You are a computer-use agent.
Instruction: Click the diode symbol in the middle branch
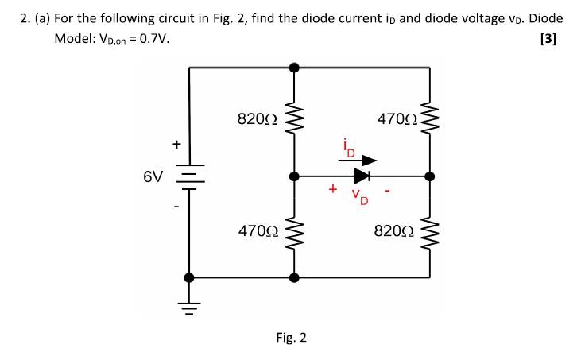362,176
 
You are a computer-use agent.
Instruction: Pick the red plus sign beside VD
332,189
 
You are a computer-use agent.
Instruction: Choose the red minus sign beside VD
387,191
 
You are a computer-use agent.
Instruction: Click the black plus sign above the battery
176,145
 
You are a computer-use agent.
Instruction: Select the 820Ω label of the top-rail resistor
258,119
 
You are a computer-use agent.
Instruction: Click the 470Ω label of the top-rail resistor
397,119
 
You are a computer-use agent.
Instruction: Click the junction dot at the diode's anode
294,176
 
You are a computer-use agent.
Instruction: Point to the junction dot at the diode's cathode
430,176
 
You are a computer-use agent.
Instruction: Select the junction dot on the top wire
294,68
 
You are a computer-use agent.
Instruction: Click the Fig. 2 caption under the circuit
292,338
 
